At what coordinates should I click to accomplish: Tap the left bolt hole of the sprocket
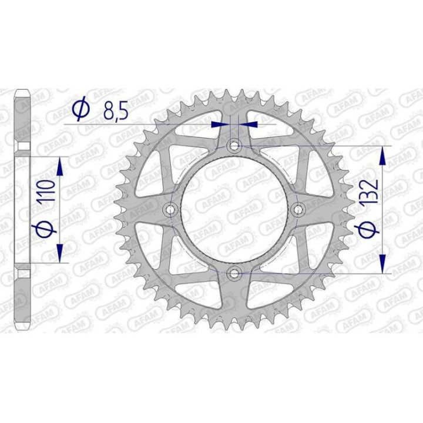(x=171, y=209)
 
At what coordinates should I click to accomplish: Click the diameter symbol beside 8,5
(x=81, y=109)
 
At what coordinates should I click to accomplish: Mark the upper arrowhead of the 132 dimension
(x=383, y=155)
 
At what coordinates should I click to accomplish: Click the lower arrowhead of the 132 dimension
(x=383, y=263)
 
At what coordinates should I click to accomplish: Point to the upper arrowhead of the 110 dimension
(x=59, y=167)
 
